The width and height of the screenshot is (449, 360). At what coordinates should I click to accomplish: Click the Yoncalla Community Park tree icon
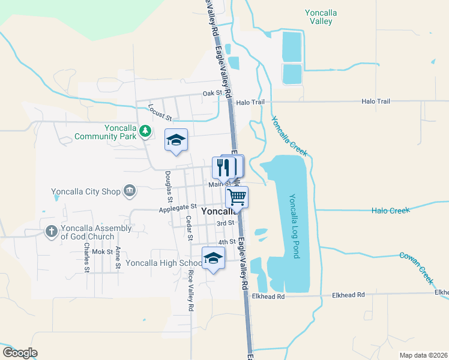coord(145,130)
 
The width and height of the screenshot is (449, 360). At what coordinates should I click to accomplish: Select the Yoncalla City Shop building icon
coord(129,192)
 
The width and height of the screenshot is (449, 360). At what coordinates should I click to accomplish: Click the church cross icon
coord(52,231)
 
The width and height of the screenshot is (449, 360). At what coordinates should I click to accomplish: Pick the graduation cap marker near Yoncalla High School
coord(212,258)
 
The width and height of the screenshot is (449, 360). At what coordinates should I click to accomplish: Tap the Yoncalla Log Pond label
coord(294,226)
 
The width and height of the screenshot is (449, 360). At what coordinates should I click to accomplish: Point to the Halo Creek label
coord(390,211)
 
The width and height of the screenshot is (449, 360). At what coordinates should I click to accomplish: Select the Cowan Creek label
coord(417,267)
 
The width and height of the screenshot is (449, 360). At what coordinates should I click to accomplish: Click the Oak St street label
coord(212,93)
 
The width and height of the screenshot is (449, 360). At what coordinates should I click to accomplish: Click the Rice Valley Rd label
coord(191,290)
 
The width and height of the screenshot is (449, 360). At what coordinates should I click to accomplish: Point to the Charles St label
coord(87,257)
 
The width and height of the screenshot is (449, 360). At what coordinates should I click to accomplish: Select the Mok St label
coord(102,252)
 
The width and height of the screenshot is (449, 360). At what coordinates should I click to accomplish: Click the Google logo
coord(20,353)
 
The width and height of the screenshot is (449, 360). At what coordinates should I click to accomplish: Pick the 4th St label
coord(226,242)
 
